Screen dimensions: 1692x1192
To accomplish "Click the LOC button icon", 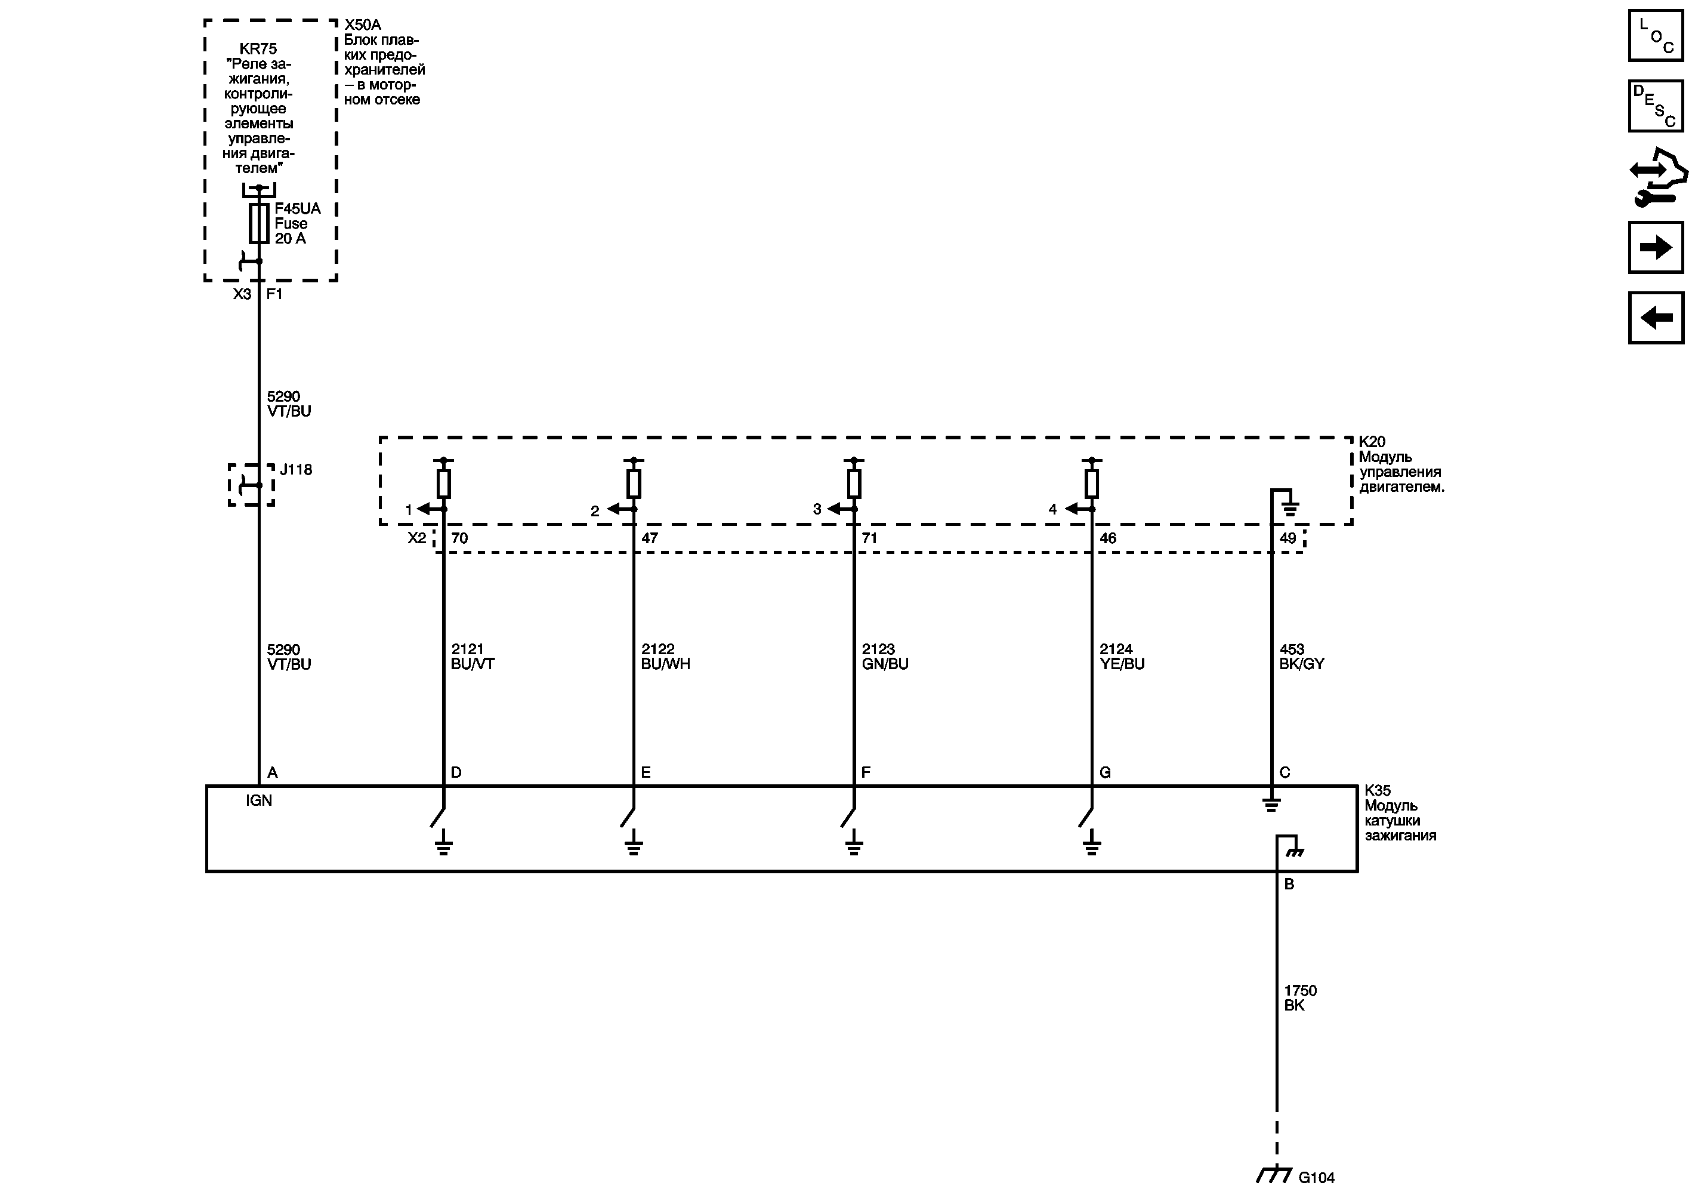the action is (1656, 35).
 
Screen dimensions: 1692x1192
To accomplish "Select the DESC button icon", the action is (1656, 106).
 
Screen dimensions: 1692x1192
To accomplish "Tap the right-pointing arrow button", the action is (1656, 247).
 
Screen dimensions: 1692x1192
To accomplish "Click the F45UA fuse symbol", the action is (259, 223).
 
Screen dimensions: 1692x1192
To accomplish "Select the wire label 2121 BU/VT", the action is (473, 656).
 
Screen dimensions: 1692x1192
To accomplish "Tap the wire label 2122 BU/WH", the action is (665, 656).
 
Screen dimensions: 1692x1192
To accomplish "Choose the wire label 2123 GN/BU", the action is (885, 656).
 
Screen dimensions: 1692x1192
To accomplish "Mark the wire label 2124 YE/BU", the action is (1122, 656).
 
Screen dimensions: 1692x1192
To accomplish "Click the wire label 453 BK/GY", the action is (1301, 656).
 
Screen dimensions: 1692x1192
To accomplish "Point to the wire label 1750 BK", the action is (1300, 997).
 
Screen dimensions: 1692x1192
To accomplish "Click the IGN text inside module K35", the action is (259, 800).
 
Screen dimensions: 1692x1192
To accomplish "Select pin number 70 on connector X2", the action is (459, 538).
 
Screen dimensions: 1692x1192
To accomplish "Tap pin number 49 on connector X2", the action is (1287, 538).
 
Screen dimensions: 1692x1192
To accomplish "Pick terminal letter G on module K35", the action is (1105, 772).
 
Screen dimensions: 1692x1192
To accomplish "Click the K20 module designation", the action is (1372, 442).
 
